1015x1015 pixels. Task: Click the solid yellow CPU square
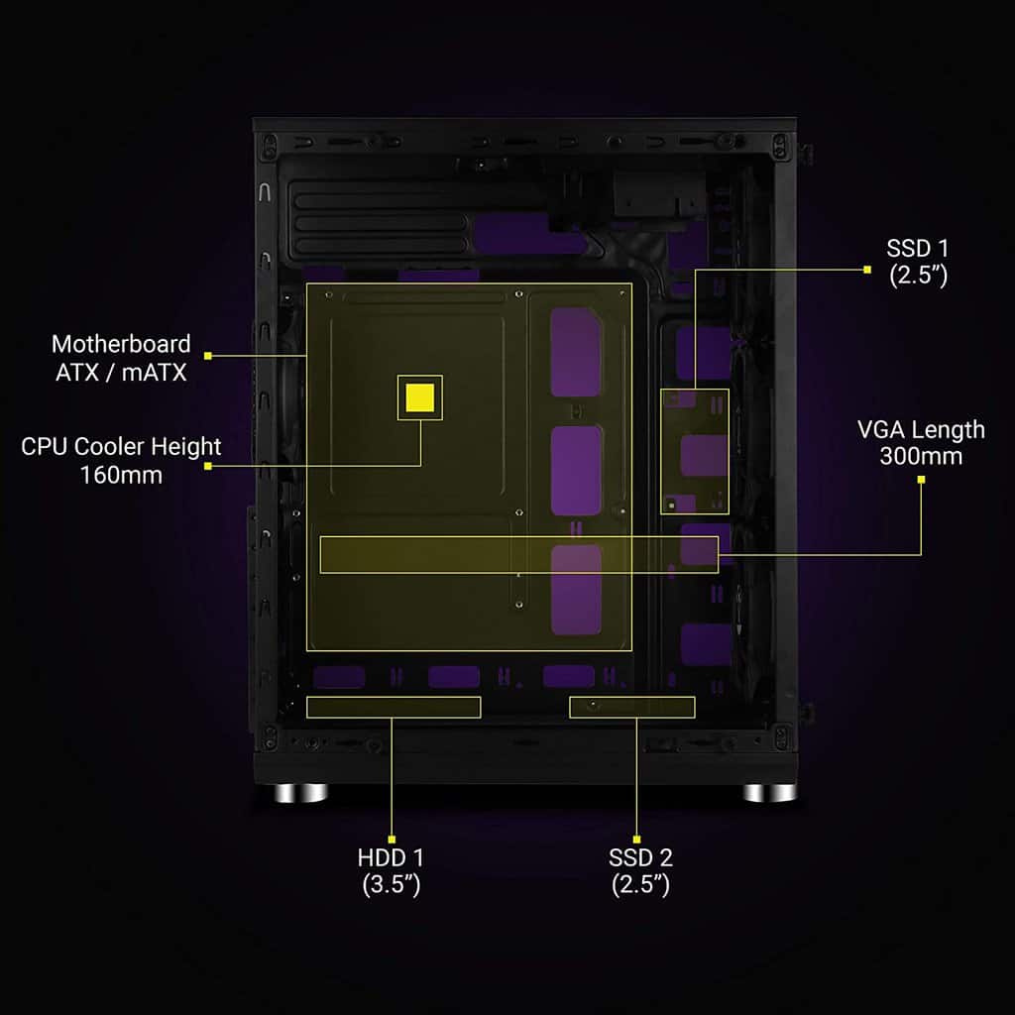(x=419, y=397)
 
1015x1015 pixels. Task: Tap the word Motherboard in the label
(x=121, y=344)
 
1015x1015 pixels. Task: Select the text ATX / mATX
(x=121, y=373)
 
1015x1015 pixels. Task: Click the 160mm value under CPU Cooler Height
(x=121, y=475)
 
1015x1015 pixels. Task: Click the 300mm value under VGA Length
(x=921, y=456)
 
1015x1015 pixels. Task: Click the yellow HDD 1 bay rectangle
(x=394, y=708)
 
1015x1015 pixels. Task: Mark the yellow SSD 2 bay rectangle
(x=632, y=708)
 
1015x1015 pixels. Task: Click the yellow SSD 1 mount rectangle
(x=695, y=452)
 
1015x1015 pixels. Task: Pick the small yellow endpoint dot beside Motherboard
(x=208, y=356)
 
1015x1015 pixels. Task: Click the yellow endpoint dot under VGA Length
(x=921, y=480)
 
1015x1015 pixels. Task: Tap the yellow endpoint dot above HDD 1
(x=392, y=840)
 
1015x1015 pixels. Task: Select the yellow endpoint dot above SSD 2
(x=637, y=840)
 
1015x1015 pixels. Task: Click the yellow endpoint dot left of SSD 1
(x=867, y=270)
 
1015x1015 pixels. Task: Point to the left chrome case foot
(x=300, y=792)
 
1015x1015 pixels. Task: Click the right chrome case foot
(x=769, y=792)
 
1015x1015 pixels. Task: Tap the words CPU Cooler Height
(x=121, y=447)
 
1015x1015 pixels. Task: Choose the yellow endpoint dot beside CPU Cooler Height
(x=208, y=466)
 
